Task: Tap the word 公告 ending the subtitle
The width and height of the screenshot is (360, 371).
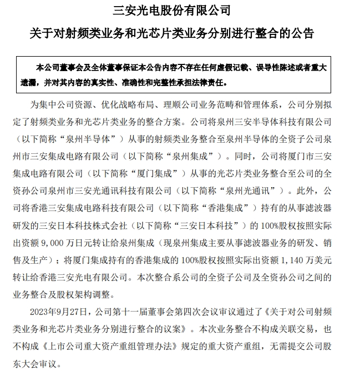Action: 302,33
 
